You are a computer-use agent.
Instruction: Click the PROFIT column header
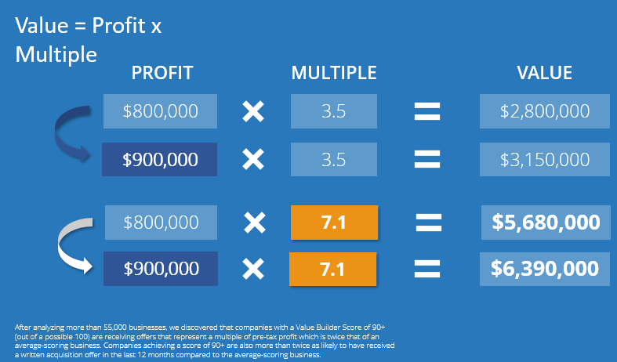(x=162, y=74)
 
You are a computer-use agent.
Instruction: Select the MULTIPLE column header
(x=334, y=74)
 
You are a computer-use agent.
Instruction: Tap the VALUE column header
(x=544, y=74)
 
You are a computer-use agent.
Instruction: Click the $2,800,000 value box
(x=544, y=111)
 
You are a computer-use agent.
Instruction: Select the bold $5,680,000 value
(x=545, y=223)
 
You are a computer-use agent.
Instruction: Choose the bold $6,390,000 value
(x=545, y=269)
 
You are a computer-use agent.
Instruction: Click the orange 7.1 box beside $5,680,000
(x=334, y=223)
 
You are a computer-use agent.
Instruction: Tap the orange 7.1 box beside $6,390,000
(x=334, y=269)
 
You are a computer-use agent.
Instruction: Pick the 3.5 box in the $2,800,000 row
(x=334, y=111)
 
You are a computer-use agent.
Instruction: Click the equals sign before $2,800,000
(x=426, y=111)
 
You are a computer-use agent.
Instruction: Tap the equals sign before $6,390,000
(x=426, y=269)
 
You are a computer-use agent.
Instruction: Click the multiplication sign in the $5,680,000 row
(x=252, y=223)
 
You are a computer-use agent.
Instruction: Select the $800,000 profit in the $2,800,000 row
(x=160, y=111)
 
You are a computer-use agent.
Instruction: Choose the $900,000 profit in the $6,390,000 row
(x=160, y=269)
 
